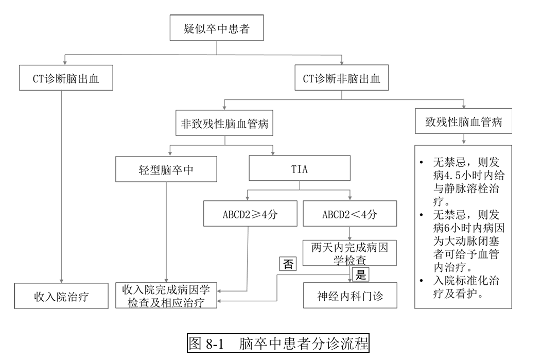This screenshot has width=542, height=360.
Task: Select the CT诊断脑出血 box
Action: (65, 79)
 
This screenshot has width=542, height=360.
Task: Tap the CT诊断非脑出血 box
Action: (342, 79)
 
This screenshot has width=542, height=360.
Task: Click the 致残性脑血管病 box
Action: (463, 123)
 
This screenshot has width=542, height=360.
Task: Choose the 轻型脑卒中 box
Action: (166, 169)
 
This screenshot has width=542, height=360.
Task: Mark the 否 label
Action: (288, 264)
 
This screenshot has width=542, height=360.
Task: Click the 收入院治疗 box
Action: (61, 297)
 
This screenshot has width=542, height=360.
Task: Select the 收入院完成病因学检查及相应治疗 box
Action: (166, 296)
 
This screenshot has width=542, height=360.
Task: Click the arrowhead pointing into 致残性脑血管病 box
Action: (463, 106)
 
